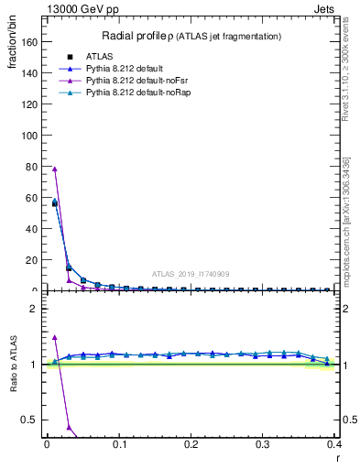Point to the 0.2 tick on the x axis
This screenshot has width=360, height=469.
(191, 444)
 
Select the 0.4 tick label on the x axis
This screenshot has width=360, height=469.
(334, 444)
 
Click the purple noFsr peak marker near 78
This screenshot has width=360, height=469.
(55, 169)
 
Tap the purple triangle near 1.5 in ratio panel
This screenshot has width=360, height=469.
(55, 337)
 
